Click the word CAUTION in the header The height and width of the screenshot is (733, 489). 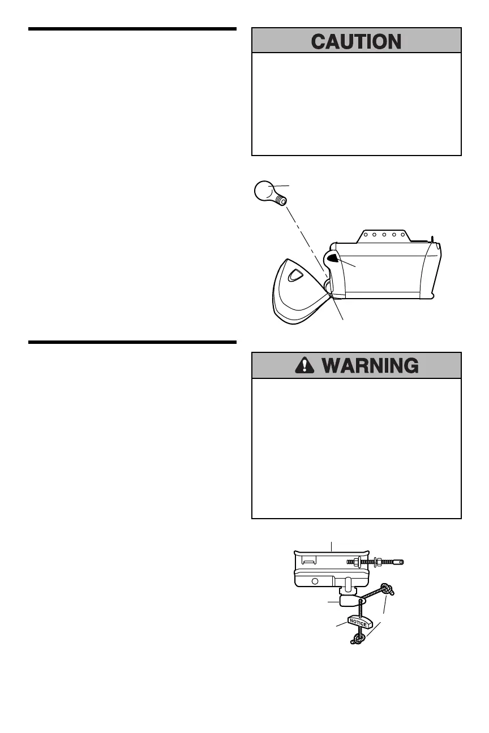pyautogui.click(x=357, y=42)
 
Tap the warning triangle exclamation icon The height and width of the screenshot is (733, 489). pyautogui.click(x=304, y=365)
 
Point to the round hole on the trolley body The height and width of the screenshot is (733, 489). pyautogui.click(x=315, y=581)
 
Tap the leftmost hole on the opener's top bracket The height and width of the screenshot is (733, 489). pyautogui.click(x=366, y=233)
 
